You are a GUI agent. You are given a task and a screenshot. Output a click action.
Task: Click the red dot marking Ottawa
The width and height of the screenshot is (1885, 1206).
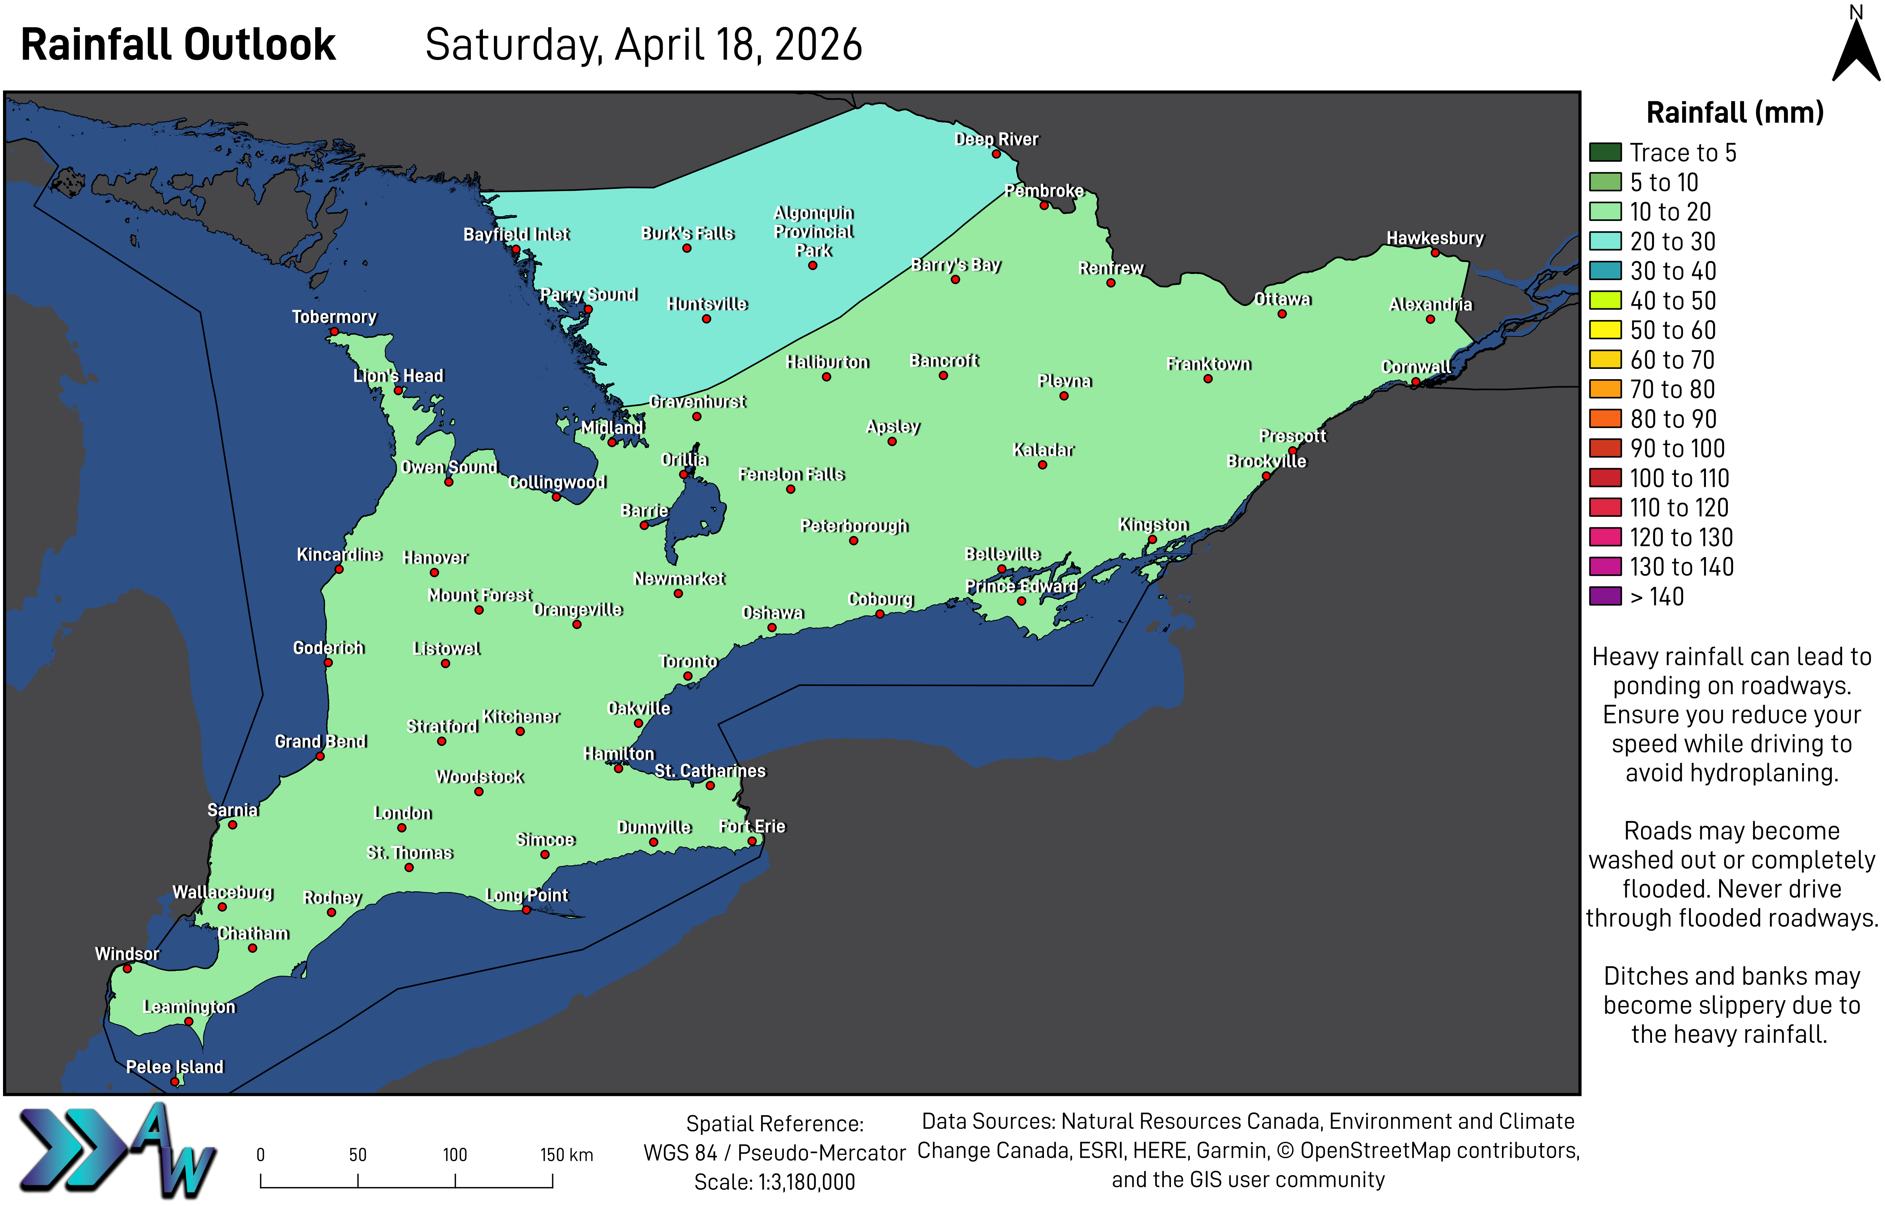(1282, 314)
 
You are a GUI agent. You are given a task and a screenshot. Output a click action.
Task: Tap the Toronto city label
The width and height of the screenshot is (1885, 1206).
(688, 662)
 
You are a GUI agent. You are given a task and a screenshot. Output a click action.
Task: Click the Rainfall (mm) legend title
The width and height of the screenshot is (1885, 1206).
(1735, 113)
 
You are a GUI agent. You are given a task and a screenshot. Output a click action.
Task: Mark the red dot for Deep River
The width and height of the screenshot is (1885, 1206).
(996, 154)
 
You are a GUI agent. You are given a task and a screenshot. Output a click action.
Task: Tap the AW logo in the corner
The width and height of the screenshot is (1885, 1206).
(118, 1151)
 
